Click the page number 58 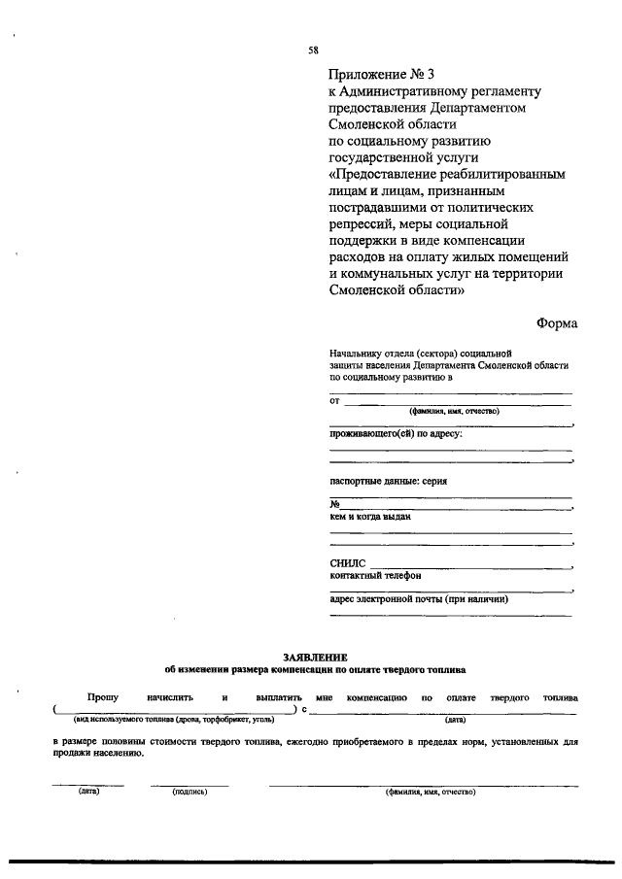coord(312,50)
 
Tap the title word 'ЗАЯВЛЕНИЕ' coord(314,658)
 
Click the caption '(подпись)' coord(190,792)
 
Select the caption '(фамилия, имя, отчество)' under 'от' coord(454,411)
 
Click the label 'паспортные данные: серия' coord(388,481)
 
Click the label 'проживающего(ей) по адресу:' coord(396,433)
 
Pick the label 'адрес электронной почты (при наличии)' coord(420,599)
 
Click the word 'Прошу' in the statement coord(102,697)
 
